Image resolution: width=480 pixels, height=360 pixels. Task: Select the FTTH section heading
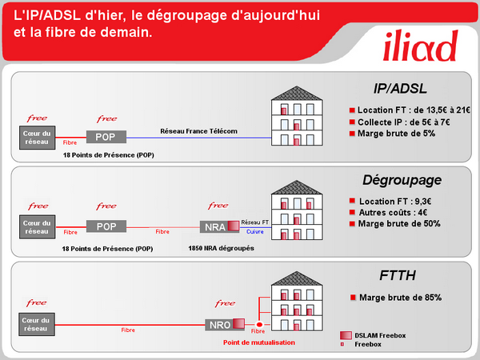[x=398, y=277]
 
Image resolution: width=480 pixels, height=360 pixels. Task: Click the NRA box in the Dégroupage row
[x=214, y=226]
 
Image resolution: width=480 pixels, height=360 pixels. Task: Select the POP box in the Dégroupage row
[x=106, y=226]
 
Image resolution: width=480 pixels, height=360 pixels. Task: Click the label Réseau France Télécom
[x=199, y=130]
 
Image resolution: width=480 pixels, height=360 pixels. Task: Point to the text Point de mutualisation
[x=258, y=342]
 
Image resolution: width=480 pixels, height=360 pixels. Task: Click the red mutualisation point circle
[x=258, y=325]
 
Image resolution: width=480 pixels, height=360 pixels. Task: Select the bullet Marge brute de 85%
[x=399, y=298]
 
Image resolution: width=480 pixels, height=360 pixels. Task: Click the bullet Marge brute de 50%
[x=399, y=223]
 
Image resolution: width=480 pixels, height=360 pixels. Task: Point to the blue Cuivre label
[x=255, y=232]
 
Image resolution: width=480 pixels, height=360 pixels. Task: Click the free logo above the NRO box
[x=224, y=304]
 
